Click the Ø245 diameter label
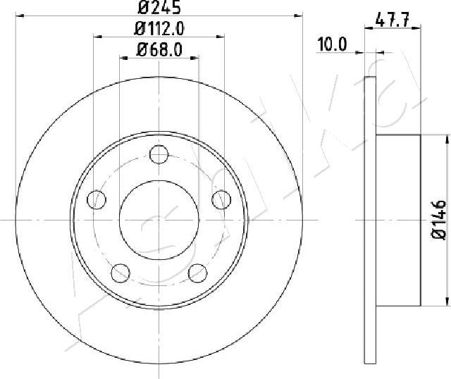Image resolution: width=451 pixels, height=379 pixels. [159, 7]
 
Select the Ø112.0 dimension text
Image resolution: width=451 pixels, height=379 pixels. [159, 29]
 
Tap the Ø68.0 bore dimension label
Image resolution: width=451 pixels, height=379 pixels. [159, 50]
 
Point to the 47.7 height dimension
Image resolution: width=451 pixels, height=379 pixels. [393, 20]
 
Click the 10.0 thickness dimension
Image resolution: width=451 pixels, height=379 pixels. [332, 44]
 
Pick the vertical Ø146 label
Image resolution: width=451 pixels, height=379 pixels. [439, 219]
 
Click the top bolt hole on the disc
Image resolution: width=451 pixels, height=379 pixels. [159, 154]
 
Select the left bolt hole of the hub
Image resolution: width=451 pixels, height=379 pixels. [97, 199]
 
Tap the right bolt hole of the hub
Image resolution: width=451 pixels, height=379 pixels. [221, 199]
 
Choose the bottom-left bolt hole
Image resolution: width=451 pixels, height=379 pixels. [121, 273]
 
